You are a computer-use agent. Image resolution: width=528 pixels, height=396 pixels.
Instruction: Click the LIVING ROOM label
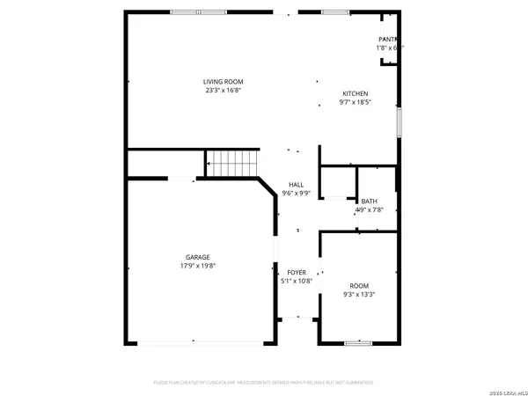pos(223,82)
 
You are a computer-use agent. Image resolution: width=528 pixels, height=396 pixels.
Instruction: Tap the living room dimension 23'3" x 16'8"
pos(223,90)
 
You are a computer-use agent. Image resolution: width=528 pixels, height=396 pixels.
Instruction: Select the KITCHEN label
pos(355,93)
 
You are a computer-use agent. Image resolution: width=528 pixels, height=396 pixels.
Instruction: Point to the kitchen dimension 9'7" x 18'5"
pos(355,102)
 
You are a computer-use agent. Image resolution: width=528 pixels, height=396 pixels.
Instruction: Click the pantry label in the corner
pos(387,40)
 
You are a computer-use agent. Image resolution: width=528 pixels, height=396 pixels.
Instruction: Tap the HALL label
pos(297,185)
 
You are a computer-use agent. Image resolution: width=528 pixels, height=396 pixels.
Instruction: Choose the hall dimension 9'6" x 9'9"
pos(297,193)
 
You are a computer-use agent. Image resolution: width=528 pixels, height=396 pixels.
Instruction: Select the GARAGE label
pos(197,257)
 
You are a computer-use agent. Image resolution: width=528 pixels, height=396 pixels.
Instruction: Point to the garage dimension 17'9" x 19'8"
pos(197,265)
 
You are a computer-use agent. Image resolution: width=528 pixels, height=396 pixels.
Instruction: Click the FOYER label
pos(297,273)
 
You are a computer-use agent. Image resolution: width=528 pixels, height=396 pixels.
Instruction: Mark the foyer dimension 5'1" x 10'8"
pos(297,282)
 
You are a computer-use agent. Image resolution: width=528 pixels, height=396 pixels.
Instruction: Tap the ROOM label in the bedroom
pos(358,286)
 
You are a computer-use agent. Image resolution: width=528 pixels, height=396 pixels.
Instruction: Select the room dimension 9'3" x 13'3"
pos(358,295)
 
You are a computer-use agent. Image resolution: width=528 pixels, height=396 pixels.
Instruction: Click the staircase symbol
pos(233,163)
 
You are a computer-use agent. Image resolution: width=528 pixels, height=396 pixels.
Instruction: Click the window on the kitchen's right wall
pos(399,121)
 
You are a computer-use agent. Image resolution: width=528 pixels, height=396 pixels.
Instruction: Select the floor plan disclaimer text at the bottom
pos(264,383)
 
